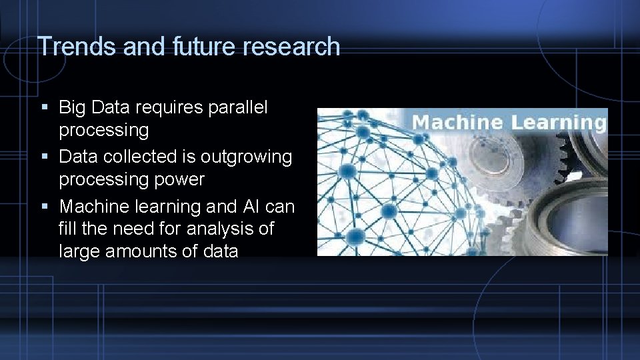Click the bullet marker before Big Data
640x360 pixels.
[44, 107]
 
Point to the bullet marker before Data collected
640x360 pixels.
[44, 157]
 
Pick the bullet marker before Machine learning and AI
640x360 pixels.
[44, 207]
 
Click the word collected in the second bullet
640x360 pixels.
[148, 157]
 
